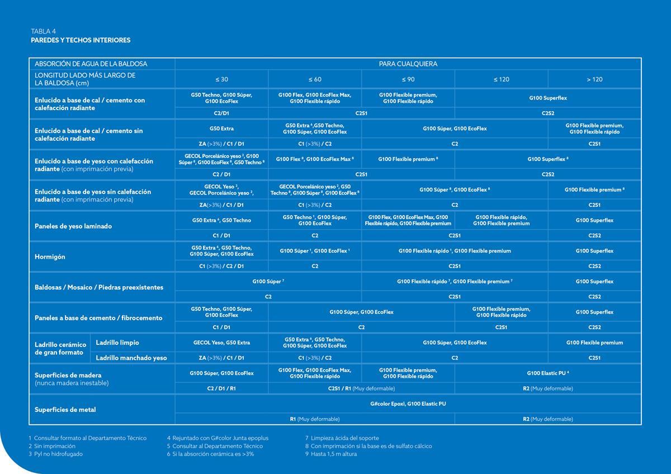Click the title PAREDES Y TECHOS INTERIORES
81,40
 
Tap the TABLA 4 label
43,31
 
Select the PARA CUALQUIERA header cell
408,64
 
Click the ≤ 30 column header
221,79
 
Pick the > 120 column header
594,79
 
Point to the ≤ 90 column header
408,79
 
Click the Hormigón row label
50,257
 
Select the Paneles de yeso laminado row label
73,226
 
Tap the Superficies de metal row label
65,410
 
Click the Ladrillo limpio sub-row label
117,343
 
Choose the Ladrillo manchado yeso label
131,358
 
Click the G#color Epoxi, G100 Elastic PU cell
408,404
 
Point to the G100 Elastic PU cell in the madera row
547,373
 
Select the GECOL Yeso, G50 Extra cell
221,343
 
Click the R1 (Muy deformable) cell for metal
314,419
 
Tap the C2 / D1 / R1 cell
221,388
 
